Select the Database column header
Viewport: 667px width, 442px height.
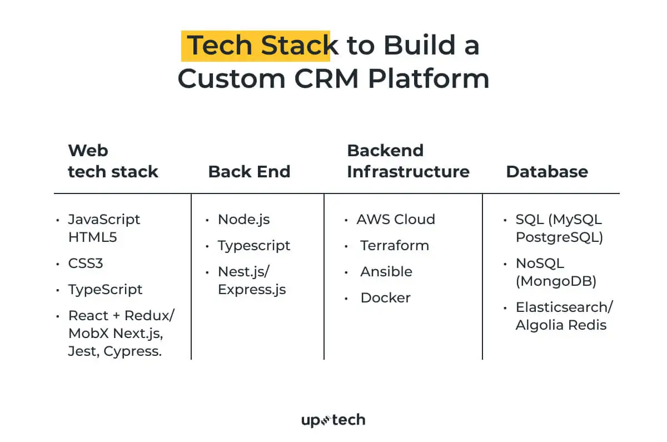click(546, 171)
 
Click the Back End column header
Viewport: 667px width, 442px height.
click(249, 171)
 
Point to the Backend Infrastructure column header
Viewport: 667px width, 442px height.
click(407, 161)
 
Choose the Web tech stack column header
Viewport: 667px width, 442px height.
click(113, 161)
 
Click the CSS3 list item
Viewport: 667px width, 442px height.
click(86, 263)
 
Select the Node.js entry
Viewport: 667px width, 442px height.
click(243, 219)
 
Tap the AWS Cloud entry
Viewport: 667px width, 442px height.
click(396, 219)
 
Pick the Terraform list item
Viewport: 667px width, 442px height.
click(395, 245)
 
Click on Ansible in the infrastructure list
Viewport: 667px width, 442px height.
click(386, 271)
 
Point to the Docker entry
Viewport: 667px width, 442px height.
click(385, 297)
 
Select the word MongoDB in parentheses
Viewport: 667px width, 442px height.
click(556, 281)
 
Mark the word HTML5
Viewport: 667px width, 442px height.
click(92, 237)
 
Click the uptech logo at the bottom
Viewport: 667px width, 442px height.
click(333, 420)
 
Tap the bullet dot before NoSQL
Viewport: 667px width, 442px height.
click(504, 264)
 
